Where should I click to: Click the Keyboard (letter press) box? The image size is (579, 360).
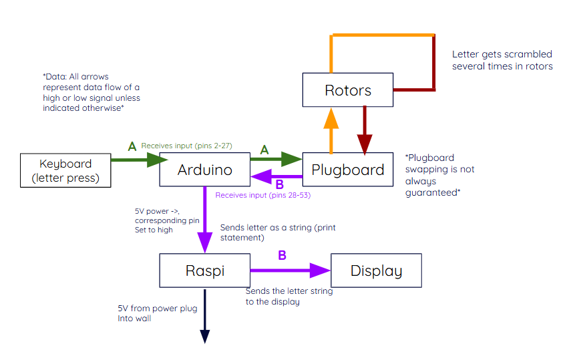coord(65,170)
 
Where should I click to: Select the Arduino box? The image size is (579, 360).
coord(204,170)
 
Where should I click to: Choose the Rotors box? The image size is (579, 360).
coord(347,90)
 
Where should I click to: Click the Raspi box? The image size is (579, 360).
coord(204,271)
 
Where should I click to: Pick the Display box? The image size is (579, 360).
coord(376,271)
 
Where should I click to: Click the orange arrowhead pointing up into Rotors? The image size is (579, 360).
coord(331,118)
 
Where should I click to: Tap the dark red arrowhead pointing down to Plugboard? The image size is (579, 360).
coord(365,143)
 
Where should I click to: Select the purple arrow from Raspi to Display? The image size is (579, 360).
coord(290,271)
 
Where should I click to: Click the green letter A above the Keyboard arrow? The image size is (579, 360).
coord(132,146)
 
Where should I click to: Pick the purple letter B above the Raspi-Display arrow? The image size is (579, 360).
coord(282,255)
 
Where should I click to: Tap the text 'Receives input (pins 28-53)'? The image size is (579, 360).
coord(262,195)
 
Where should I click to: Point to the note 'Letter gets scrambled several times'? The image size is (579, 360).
coord(502,60)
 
